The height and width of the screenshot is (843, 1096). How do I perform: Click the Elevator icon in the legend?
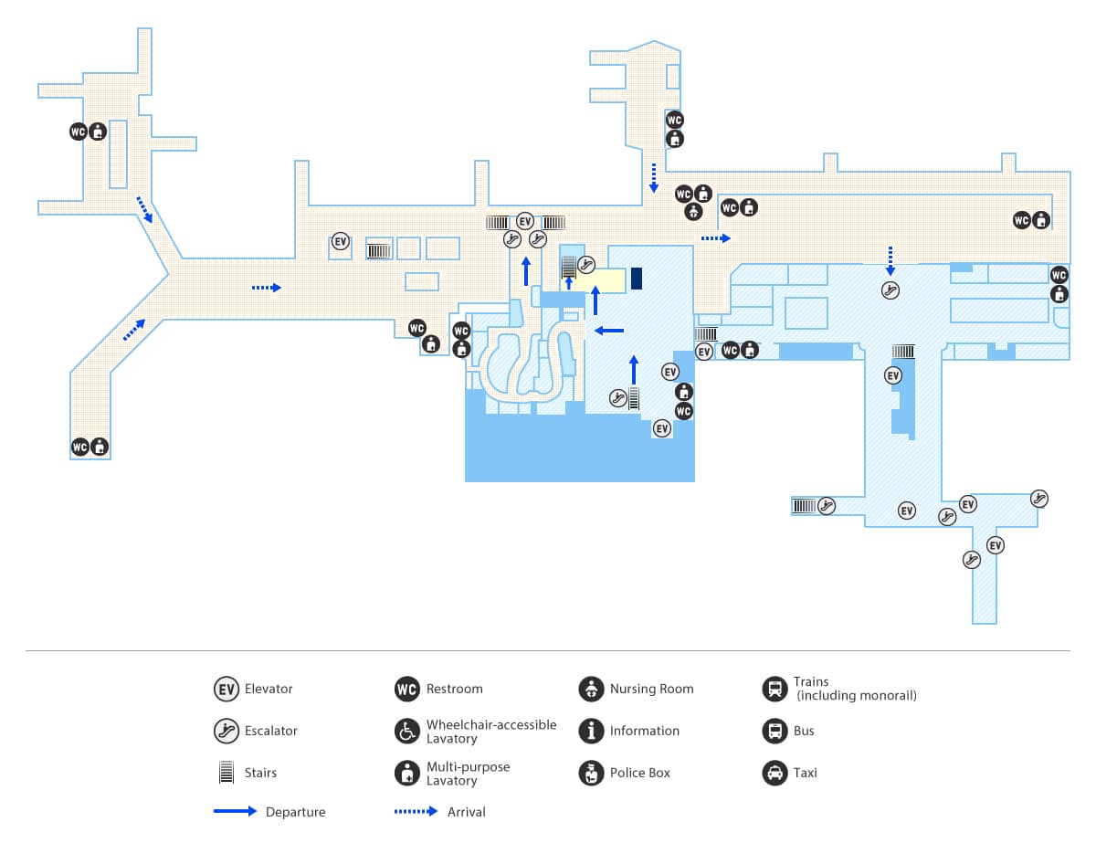click(226, 689)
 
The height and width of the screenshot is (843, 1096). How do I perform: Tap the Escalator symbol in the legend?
click(226, 731)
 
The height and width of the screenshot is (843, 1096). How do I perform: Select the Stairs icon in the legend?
click(226, 773)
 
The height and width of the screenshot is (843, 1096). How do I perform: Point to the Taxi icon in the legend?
click(775, 773)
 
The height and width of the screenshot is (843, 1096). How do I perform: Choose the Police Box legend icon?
click(591, 773)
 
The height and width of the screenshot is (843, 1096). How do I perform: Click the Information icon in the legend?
click(591, 731)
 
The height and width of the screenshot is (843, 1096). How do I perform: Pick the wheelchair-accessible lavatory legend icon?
click(407, 731)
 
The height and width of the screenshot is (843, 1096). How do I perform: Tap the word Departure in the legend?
click(296, 812)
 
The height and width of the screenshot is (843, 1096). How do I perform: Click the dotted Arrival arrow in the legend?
click(416, 811)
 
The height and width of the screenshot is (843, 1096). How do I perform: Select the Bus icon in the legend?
click(775, 731)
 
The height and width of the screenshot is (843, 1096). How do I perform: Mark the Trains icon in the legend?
click(775, 689)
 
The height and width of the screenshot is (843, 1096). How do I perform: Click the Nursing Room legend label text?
click(651, 689)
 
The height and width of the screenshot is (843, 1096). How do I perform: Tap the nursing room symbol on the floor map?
click(693, 212)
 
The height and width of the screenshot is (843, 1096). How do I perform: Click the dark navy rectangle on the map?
click(637, 279)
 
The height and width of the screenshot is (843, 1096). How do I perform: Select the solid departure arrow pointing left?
click(609, 331)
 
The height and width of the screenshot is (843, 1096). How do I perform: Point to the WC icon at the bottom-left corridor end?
click(80, 447)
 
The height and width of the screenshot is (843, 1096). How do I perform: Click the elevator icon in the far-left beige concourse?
click(341, 241)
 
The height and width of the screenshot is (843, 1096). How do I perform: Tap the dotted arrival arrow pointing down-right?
click(144, 210)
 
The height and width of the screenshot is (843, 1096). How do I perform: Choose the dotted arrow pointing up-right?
click(134, 330)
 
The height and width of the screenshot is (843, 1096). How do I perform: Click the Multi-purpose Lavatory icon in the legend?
click(407, 773)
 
